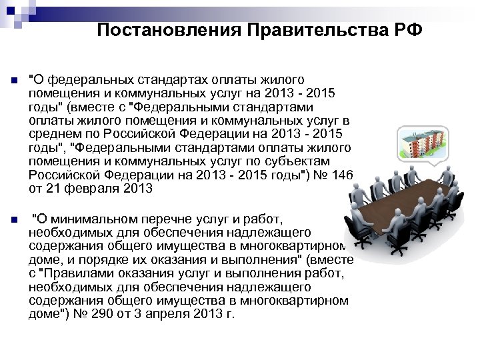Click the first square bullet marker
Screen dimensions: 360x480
[14, 81]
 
